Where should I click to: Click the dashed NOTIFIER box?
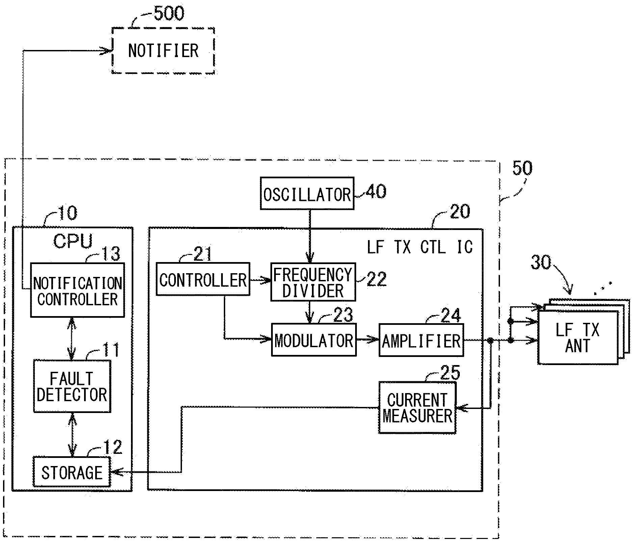pos(163,51)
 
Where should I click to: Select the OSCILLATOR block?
pos(307,194)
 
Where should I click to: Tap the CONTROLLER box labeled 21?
pos(203,280)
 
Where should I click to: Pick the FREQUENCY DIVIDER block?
pos(313,282)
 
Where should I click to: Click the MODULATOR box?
pos(314,340)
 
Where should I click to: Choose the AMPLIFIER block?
pos(421,340)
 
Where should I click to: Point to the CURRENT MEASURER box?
pos(417,408)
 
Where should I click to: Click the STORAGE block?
pos(72,472)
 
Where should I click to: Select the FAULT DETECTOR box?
pos(72,386)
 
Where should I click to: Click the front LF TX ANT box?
pos(577,338)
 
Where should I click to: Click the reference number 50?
pos(522,168)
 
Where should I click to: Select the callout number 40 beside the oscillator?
pos(376,191)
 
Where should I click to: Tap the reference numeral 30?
pos(540,262)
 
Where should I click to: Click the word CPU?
pos(73,241)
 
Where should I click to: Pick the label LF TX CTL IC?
pos(420,247)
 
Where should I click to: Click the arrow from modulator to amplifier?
pos(367,340)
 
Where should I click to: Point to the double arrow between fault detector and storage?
pos(72,435)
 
